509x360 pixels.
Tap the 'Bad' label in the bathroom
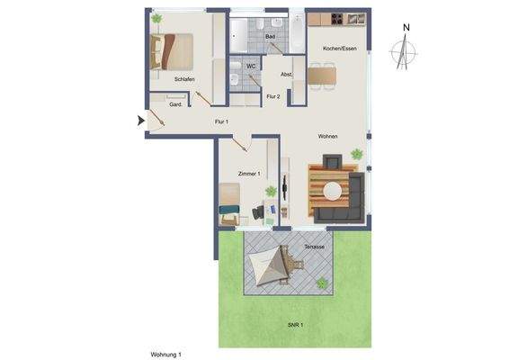coord(270,36)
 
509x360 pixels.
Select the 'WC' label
coord(252,66)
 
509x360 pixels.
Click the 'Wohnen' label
coord(327,136)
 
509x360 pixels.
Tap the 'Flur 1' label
coord(221,121)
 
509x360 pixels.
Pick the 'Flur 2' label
coord(272,95)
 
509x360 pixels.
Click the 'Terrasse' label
coord(314,246)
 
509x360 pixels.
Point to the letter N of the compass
coord(406,28)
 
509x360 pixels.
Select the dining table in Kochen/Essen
coord(322,76)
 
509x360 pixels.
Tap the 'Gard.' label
coord(176,104)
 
